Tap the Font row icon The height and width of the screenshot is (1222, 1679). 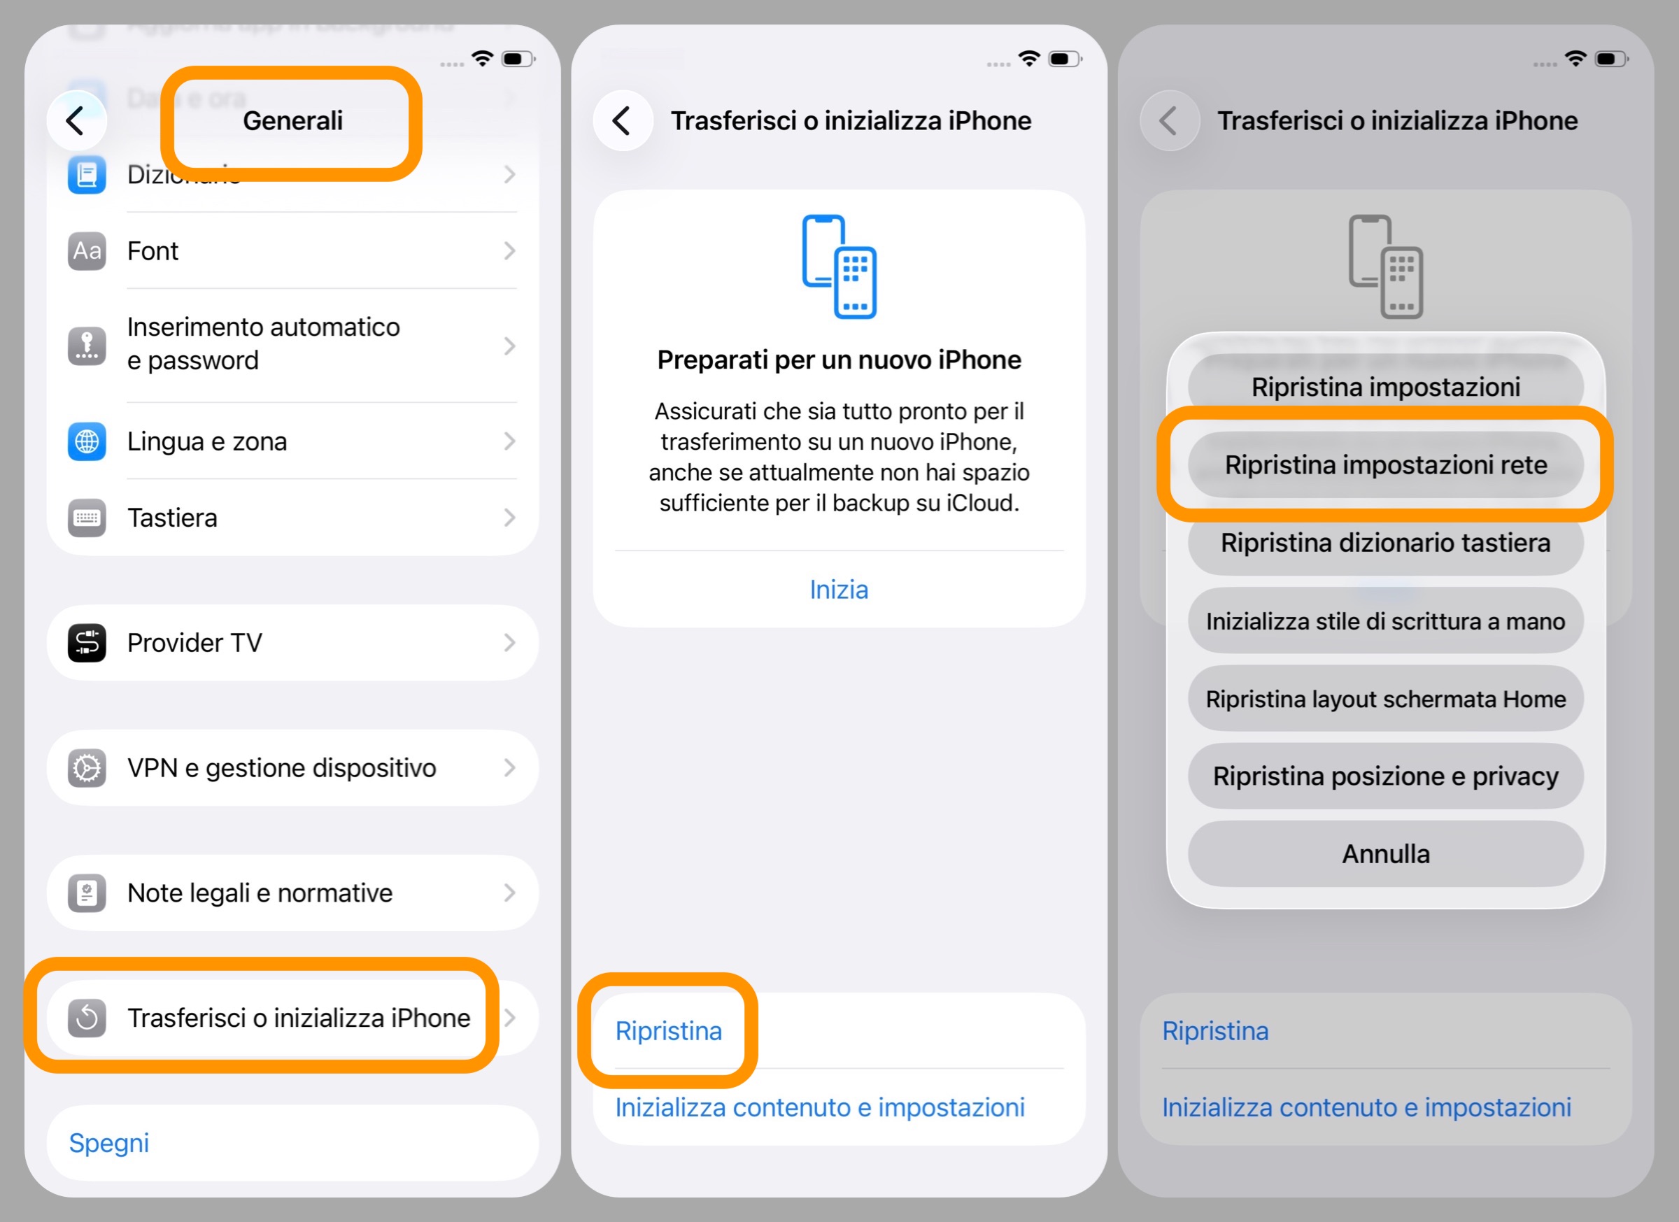tap(87, 251)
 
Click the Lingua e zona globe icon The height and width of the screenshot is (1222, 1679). tap(87, 441)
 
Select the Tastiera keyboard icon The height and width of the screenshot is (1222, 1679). tap(87, 518)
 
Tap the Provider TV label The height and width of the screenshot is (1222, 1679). tap(194, 642)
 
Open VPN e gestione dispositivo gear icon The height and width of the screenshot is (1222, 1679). tap(87, 767)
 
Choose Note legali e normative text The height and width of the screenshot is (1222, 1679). tap(260, 893)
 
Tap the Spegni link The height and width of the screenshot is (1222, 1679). tap(109, 1143)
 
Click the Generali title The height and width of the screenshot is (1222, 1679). tap(292, 120)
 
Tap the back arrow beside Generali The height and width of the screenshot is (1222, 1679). tap(76, 120)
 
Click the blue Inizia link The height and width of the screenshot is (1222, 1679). tap(839, 589)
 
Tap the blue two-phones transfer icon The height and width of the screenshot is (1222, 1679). tap(839, 267)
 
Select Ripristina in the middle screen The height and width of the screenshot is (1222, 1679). tap(669, 1030)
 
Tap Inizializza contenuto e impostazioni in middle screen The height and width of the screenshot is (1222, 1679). tap(819, 1107)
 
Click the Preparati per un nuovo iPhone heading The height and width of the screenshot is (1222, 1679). tap(839, 360)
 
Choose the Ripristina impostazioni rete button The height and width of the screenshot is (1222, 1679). tap(1385, 465)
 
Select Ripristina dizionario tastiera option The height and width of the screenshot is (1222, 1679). tap(1385, 543)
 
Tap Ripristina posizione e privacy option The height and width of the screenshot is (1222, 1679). tap(1385, 776)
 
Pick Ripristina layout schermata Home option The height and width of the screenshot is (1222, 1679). tap(1385, 699)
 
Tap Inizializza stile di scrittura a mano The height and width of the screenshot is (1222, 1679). tap(1385, 621)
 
